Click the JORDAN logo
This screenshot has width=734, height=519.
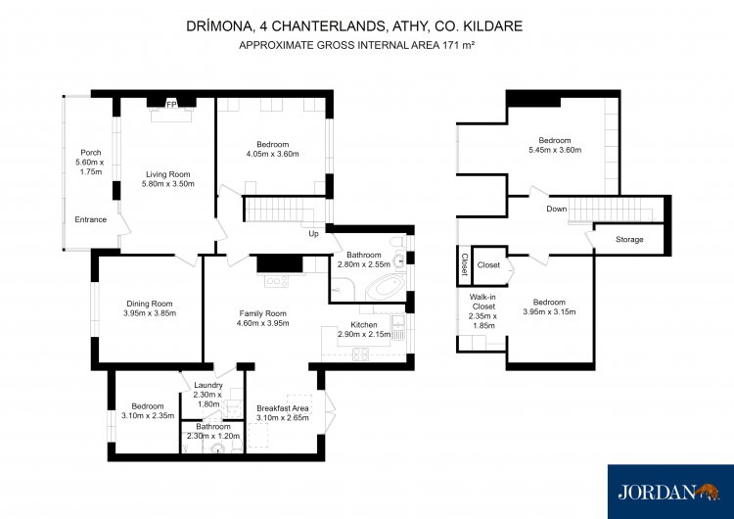[x=670, y=492]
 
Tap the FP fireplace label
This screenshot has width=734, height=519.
[x=171, y=105]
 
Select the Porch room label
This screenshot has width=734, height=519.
[x=91, y=152]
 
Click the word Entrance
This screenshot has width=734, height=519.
[x=91, y=219]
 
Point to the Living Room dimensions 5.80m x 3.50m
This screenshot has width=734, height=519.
[x=168, y=184]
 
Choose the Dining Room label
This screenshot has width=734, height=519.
[x=150, y=304]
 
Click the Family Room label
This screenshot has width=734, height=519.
[x=262, y=313]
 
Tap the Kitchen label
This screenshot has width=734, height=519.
[x=364, y=324]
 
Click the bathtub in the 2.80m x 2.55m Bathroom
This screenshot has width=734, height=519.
[x=386, y=287]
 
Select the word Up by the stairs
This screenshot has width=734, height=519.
[x=313, y=233]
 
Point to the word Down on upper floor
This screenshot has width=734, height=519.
[x=557, y=209]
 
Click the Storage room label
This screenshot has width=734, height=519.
[x=629, y=239]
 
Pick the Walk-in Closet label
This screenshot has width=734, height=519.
[x=483, y=302]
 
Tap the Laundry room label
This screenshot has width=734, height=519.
[x=208, y=385]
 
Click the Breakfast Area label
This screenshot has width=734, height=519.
[x=283, y=408]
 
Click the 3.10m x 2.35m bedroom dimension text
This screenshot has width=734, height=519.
[x=148, y=415]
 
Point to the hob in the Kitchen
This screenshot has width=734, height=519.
[x=360, y=354]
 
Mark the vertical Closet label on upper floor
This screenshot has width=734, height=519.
[x=464, y=264]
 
